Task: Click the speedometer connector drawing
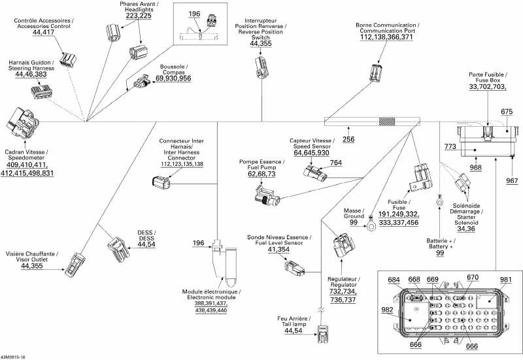click(22, 122)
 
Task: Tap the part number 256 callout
click(348, 139)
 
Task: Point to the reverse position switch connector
click(260, 66)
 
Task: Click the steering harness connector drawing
click(41, 94)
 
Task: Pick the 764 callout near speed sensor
click(335, 163)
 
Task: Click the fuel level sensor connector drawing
click(294, 265)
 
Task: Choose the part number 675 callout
click(507, 112)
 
